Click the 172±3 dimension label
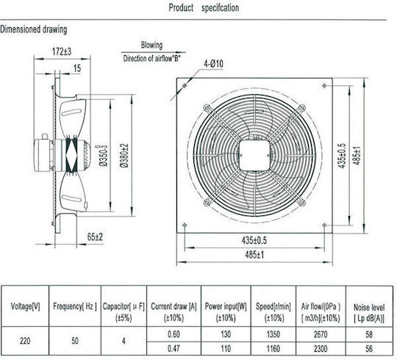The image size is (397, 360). click(x=62, y=51)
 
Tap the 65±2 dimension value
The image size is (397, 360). click(x=95, y=237)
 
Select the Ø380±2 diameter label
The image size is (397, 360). click(x=124, y=155)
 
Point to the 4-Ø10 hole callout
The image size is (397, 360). click(x=213, y=64)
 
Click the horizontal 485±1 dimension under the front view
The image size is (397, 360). click(x=254, y=254)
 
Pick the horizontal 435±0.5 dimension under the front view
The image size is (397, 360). click(x=254, y=240)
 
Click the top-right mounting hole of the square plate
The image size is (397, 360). click(x=324, y=86)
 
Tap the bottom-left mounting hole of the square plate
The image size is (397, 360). click(x=185, y=225)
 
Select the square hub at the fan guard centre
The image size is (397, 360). click(x=254, y=155)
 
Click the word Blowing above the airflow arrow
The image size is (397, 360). click(x=151, y=46)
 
